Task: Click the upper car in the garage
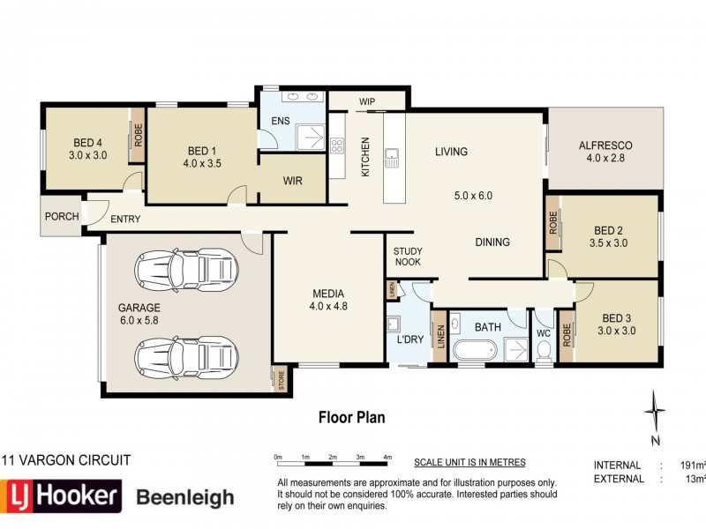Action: pos(186,271)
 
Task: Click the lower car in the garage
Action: pos(186,358)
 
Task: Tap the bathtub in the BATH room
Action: pos(475,349)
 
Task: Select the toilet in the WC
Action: pos(544,350)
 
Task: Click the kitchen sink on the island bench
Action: pos(392,158)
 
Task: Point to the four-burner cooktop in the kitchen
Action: pos(337,145)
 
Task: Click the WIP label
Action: pos(367,101)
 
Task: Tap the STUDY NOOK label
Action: pos(408,257)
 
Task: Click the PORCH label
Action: pos(62,216)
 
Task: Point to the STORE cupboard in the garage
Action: pos(281,380)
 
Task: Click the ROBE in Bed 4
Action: pos(138,135)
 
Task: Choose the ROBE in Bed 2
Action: pos(553,222)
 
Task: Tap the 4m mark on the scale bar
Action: pos(387,457)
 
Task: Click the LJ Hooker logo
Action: pos(61,496)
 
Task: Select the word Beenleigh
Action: pos(185,497)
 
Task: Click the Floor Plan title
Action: pos(351,417)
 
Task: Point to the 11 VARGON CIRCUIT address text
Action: pos(66,460)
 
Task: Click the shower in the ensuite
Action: pos(311,138)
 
